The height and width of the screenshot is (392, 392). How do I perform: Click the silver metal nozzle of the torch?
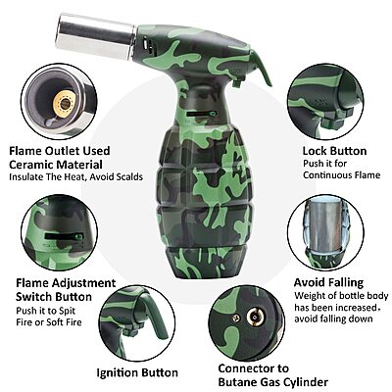coord(97,36)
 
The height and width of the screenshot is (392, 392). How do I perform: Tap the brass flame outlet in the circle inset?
coord(65,103)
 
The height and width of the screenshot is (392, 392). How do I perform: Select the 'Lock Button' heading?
coord(334,151)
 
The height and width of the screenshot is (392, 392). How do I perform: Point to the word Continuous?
coord(329,175)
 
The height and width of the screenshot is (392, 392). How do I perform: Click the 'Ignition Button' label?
coord(137,372)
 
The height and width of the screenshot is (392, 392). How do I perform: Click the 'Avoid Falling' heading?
coord(328,282)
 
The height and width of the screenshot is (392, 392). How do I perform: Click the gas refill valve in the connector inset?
coord(256,317)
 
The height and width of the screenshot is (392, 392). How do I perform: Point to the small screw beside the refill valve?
coord(236,317)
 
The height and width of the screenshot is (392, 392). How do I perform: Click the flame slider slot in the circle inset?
coord(64,236)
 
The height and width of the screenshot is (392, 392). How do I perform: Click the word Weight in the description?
coord(309,296)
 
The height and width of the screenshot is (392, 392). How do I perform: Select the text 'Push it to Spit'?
coord(46,311)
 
